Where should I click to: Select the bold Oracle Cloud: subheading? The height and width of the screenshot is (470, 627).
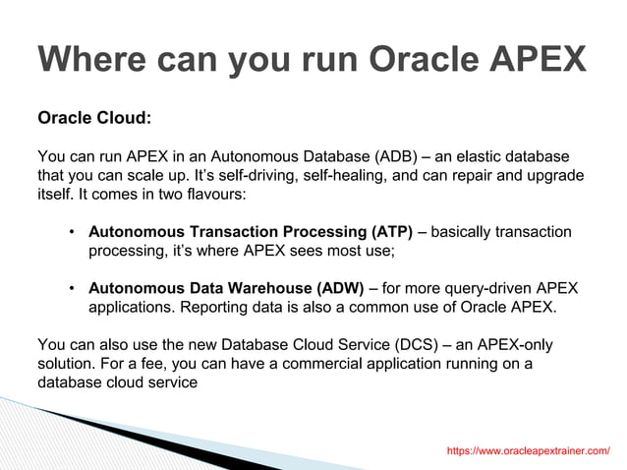[94, 118]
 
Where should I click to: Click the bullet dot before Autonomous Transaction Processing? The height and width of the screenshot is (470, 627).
[73, 233]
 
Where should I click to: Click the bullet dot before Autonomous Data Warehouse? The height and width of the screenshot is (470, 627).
[73, 289]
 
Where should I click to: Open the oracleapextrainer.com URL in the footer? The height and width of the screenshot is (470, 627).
[528, 450]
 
